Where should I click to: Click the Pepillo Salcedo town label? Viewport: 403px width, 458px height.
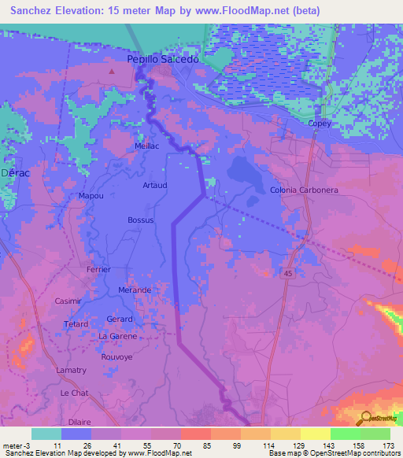coord(166,59)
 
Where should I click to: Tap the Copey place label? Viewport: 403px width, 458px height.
coord(320,124)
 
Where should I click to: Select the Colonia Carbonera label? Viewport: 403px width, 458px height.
coord(304,190)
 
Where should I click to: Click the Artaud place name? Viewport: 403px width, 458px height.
coord(154,185)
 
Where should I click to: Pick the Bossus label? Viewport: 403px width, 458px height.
coord(141,220)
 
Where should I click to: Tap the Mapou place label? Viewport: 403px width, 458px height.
coord(92,195)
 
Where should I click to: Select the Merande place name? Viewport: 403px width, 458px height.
coord(135,290)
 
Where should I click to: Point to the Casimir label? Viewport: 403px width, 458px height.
coord(68,301)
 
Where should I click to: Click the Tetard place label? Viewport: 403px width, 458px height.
coord(76,324)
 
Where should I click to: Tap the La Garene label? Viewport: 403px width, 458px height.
coord(117,336)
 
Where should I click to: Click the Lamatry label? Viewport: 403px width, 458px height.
coord(72,370)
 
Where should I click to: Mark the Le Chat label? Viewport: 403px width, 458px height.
coord(74,392)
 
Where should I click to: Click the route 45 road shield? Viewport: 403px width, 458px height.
coord(289,271)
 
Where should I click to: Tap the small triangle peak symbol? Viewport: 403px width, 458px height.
coord(112,72)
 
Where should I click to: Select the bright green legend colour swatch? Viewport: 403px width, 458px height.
coord(345,434)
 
